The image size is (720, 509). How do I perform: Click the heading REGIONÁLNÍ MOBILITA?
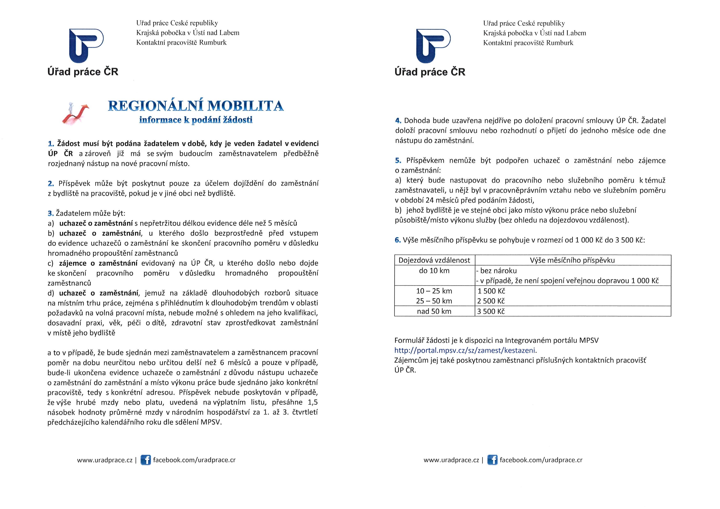click(x=196, y=106)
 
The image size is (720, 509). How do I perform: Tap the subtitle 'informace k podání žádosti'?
click(x=196, y=120)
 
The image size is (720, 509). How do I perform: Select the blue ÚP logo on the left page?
click(x=86, y=45)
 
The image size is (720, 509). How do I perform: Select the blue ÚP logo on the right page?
click(x=433, y=46)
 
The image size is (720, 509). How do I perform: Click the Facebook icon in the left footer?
click(x=146, y=460)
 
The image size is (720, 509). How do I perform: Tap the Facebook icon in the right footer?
click(x=492, y=460)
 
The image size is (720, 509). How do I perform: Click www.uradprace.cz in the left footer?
click(x=105, y=460)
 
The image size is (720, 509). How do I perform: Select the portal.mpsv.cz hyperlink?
click(x=465, y=350)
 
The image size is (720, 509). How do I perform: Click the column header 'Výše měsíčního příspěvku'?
click(x=572, y=260)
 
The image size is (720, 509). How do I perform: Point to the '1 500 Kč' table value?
click(x=491, y=291)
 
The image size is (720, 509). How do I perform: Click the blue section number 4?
click(x=398, y=121)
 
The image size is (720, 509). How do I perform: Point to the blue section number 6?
click(x=398, y=240)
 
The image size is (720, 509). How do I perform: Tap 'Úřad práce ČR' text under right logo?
click(x=430, y=72)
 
